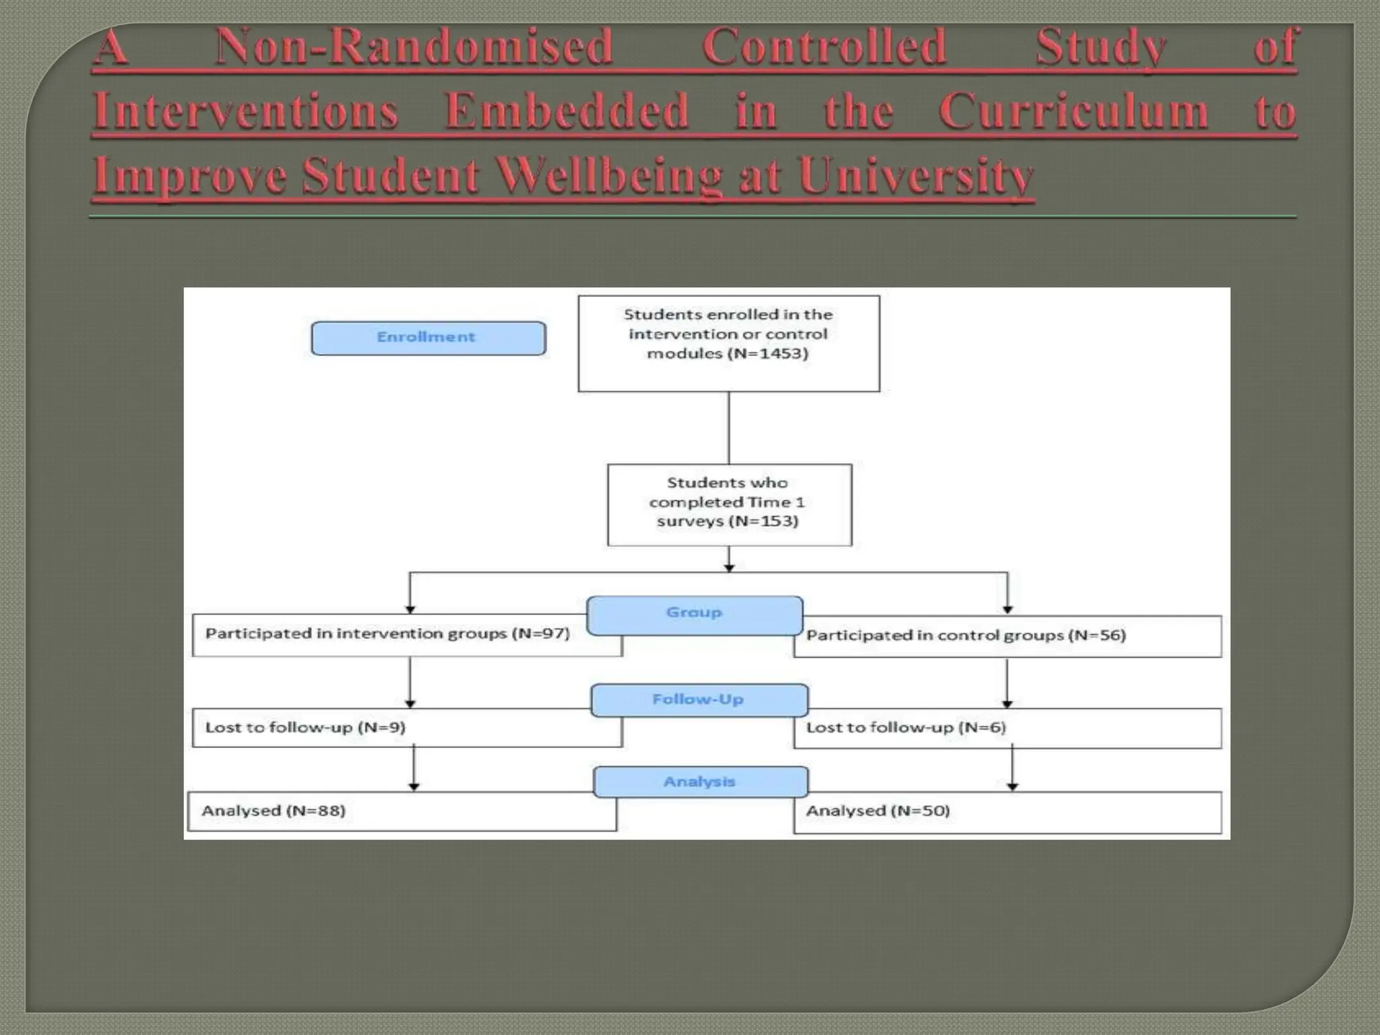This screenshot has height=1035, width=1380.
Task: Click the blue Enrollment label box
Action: tap(428, 338)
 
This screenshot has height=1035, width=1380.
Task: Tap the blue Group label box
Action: tap(695, 615)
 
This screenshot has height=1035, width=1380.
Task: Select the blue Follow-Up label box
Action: tap(699, 700)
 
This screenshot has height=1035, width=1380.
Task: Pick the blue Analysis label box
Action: tap(700, 782)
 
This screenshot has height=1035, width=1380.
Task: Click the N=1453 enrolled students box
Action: tap(728, 344)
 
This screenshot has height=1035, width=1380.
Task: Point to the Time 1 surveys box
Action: tap(729, 505)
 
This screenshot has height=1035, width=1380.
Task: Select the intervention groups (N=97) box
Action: tap(387, 635)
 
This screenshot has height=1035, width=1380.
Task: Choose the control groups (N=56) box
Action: tap(1007, 636)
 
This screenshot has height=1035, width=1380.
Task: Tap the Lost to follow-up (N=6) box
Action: tap(1007, 728)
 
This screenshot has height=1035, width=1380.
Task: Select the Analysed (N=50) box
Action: tap(1007, 812)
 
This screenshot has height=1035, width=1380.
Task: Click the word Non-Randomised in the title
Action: tap(413, 47)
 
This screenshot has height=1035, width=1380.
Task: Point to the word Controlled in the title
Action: tap(824, 47)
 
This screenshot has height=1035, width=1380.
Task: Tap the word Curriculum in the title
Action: tap(1073, 111)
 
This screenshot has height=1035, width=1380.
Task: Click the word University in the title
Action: tap(916, 176)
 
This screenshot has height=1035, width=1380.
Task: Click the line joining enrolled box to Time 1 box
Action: tap(728, 428)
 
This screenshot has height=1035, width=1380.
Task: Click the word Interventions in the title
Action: tap(245, 111)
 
